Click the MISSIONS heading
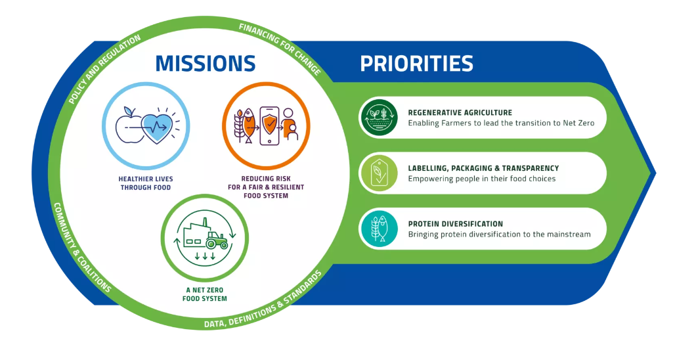[x=205, y=63]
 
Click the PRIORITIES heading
[x=416, y=64]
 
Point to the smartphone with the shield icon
[x=269, y=125]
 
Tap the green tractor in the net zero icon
[x=216, y=240]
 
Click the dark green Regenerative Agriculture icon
[x=379, y=118]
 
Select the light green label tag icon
[x=379, y=173]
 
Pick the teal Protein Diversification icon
[x=379, y=229]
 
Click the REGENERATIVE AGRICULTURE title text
[x=460, y=112]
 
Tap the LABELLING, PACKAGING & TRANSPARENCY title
[x=483, y=168]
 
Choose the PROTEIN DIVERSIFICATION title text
[x=456, y=224]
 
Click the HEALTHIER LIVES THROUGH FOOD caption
[x=146, y=183]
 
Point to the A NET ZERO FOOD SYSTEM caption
[x=205, y=294]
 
